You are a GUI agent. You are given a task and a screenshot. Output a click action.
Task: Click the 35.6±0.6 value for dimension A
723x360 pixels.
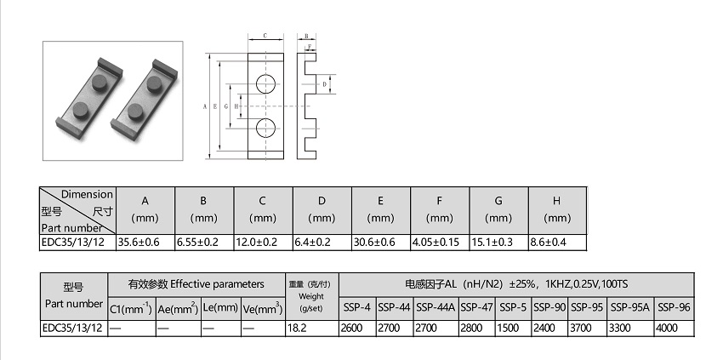pyautogui.click(x=139, y=243)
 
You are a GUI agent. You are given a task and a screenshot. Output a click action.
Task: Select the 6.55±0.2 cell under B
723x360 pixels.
pyautogui.click(x=198, y=243)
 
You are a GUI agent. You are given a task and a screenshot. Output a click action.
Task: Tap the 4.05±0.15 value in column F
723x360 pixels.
pyautogui.click(x=436, y=243)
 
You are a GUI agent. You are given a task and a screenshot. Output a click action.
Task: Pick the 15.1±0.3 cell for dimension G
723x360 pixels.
pyautogui.click(x=492, y=243)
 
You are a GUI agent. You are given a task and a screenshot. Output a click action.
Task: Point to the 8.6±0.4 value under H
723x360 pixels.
pyautogui.click(x=549, y=243)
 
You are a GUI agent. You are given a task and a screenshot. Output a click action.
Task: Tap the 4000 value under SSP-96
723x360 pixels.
pyautogui.click(x=667, y=329)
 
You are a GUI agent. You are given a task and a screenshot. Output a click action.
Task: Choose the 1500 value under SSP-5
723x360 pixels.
pyautogui.click(x=508, y=329)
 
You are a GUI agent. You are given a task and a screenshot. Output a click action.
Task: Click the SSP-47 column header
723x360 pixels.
pyautogui.click(x=477, y=307)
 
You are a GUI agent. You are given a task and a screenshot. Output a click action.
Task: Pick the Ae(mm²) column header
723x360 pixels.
pyautogui.click(x=178, y=309)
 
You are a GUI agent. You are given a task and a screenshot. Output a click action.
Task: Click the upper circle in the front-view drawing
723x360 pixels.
pyautogui.click(x=266, y=83)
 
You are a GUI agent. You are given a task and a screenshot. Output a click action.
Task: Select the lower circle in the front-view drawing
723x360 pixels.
pyautogui.click(x=266, y=128)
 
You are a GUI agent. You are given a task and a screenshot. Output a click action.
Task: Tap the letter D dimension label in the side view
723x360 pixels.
pyautogui.click(x=325, y=84)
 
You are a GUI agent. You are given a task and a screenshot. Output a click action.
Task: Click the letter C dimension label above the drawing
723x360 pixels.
pyautogui.click(x=265, y=36)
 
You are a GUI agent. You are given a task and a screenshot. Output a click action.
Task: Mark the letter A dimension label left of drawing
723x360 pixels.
pyautogui.click(x=205, y=106)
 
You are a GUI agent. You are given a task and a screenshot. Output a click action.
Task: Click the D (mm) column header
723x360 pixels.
pyautogui.click(x=322, y=209)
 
